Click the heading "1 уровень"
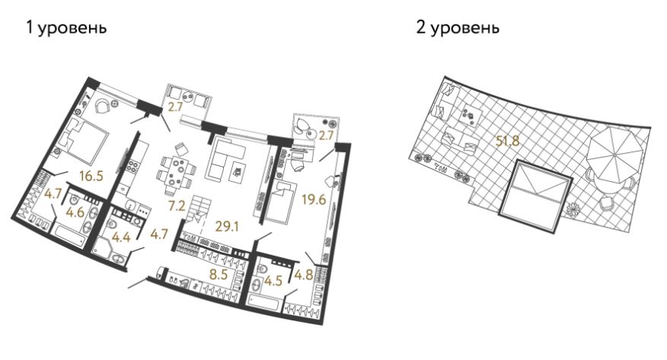(66, 27)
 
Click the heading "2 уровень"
(458, 27)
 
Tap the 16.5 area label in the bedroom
(91, 176)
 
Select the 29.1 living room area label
(227, 227)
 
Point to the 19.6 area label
(314, 199)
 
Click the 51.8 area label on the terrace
(507, 140)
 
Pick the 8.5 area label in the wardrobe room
(219, 275)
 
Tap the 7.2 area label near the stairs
(176, 206)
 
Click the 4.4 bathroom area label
(120, 237)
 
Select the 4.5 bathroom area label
(273, 281)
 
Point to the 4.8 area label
(304, 275)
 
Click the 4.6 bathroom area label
(75, 212)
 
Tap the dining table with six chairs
(177, 170)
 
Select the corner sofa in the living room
(225, 158)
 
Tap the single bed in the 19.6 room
(280, 202)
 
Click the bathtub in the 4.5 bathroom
(264, 301)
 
